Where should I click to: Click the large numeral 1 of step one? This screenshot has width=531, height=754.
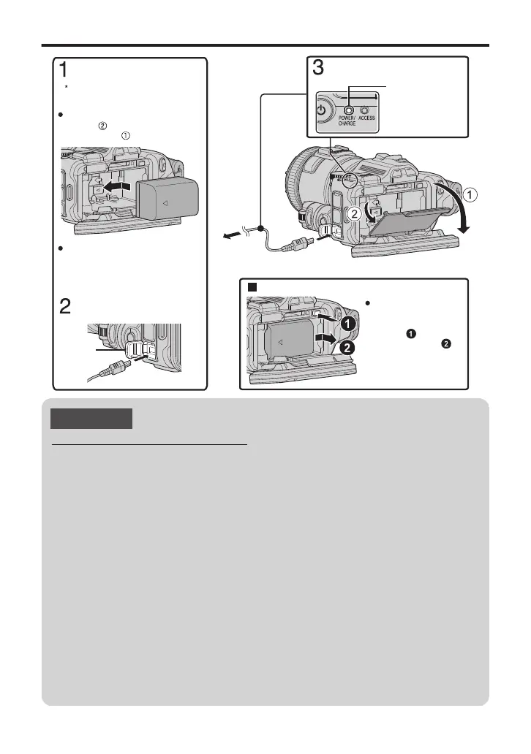click(65, 71)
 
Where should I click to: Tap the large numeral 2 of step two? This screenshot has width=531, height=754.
click(66, 307)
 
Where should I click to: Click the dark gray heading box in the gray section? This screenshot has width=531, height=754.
click(91, 419)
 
